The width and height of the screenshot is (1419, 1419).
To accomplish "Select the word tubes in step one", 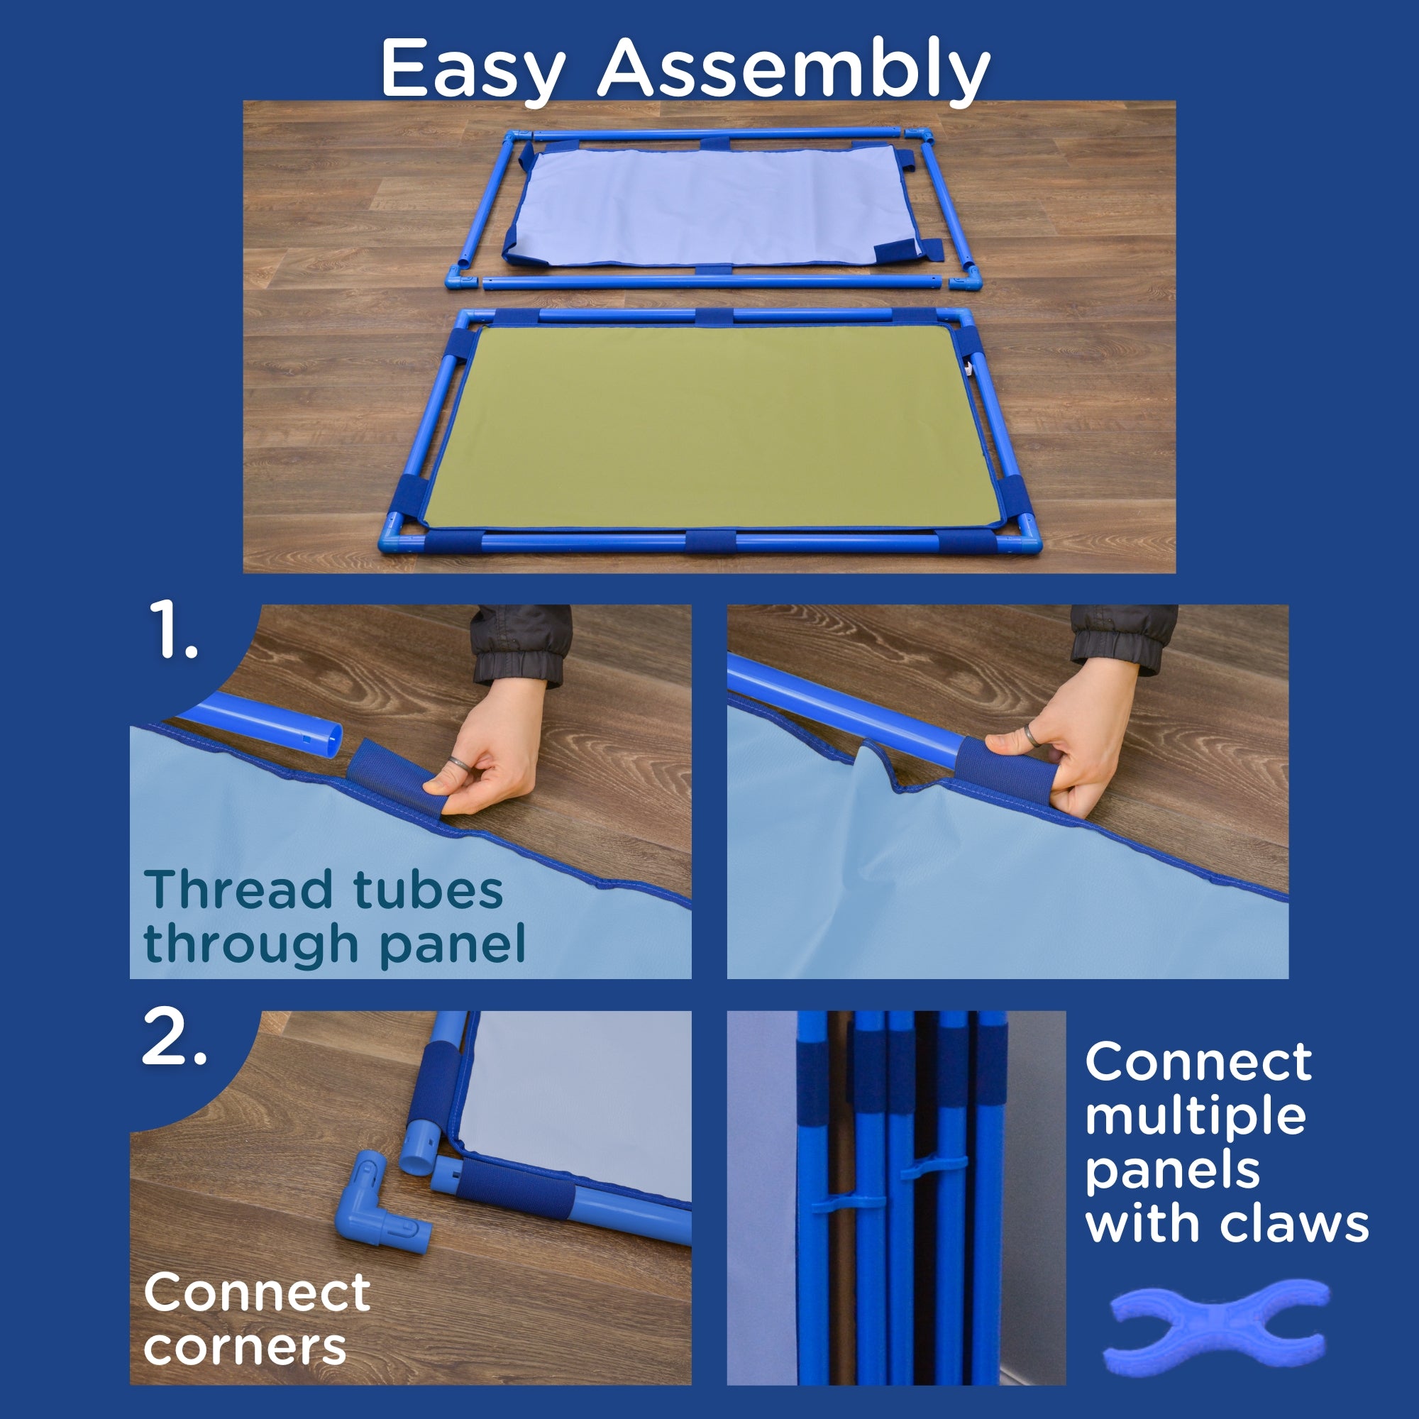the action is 429,890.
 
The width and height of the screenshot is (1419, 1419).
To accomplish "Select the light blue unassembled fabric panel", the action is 709,206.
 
